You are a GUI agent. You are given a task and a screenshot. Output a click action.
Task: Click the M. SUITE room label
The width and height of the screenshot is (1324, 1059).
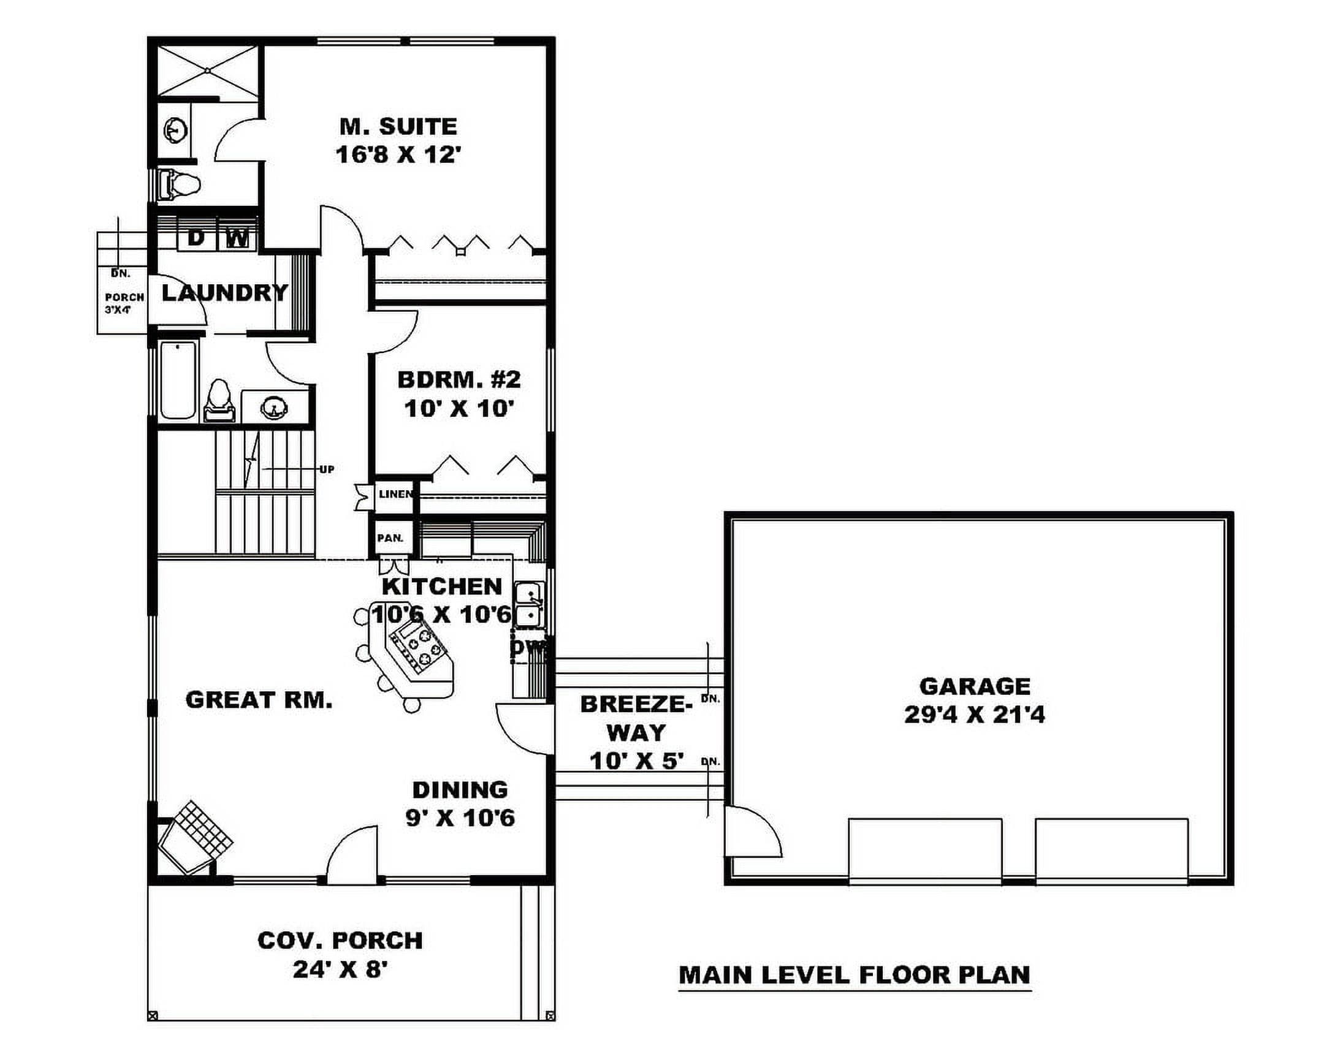[398, 126]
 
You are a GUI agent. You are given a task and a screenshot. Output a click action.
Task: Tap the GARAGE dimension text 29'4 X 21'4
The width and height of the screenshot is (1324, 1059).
[975, 715]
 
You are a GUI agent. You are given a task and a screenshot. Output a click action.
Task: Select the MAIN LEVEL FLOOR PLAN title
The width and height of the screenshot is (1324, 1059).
[854, 975]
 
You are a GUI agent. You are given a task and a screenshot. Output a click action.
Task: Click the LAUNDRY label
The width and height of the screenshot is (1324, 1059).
[225, 293]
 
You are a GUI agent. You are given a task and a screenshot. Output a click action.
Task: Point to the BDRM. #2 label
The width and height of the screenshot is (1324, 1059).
[458, 379]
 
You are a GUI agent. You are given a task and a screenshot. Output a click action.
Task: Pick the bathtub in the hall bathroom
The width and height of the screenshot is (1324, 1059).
[178, 381]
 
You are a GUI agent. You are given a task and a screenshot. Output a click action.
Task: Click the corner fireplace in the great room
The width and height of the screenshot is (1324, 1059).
[196, 835]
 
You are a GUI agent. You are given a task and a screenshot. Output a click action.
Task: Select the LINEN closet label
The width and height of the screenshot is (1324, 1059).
[395, 493]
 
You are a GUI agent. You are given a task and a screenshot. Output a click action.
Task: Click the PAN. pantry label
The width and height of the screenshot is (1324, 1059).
[390, 539]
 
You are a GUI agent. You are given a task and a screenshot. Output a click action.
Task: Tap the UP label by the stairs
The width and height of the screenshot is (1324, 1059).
[327, 469]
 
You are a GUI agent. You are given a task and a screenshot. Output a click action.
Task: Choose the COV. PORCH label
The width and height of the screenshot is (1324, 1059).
[340, 941]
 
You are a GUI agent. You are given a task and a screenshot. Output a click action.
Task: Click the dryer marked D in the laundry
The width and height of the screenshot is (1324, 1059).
[196, 237]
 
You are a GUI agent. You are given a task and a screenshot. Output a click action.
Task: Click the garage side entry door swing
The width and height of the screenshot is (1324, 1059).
[754, 832]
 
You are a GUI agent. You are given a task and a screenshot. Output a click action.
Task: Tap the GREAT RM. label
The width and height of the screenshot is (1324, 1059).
[259, 700]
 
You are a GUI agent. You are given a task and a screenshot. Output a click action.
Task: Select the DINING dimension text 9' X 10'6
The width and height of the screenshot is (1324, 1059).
[460, 817]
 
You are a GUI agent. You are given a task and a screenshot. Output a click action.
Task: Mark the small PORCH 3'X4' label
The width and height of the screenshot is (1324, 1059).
[124, 303]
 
